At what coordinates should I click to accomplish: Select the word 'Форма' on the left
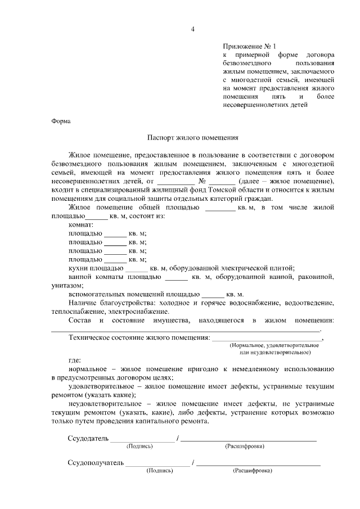click(61, 121)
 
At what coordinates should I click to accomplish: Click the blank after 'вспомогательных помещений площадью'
click(213, 295)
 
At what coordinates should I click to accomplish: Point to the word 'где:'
click(74, 360)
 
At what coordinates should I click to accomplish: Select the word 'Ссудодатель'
click(87, 438)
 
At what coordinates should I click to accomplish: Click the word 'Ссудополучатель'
click(95, 463)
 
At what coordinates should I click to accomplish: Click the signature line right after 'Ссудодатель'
click(142, 439)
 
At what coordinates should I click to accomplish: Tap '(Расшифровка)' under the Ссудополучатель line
click(253, 471)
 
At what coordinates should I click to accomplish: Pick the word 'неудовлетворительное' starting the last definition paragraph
click(104, 404)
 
